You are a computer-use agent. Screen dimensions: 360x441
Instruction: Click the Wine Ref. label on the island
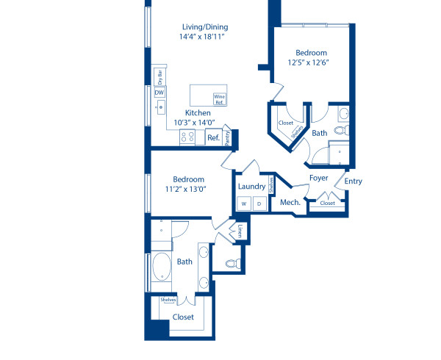pos(218,98)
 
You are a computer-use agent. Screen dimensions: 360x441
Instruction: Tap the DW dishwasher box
pos(159,93)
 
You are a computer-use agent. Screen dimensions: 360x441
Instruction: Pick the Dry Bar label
pos(159,76)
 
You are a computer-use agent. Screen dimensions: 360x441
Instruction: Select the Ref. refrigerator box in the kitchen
pos(213,137)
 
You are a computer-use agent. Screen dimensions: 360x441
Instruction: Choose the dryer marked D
pos(258,204)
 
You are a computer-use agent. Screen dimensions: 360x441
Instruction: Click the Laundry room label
pos(251,187)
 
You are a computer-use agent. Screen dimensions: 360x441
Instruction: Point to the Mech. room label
pos(288,201)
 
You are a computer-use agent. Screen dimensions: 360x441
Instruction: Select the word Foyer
pos(318,178)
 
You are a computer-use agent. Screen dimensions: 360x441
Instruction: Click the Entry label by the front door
pos(353,181)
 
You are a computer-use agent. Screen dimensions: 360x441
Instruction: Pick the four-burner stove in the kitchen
pos(188,136)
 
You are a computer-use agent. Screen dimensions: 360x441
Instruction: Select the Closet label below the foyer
pos(327,203)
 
